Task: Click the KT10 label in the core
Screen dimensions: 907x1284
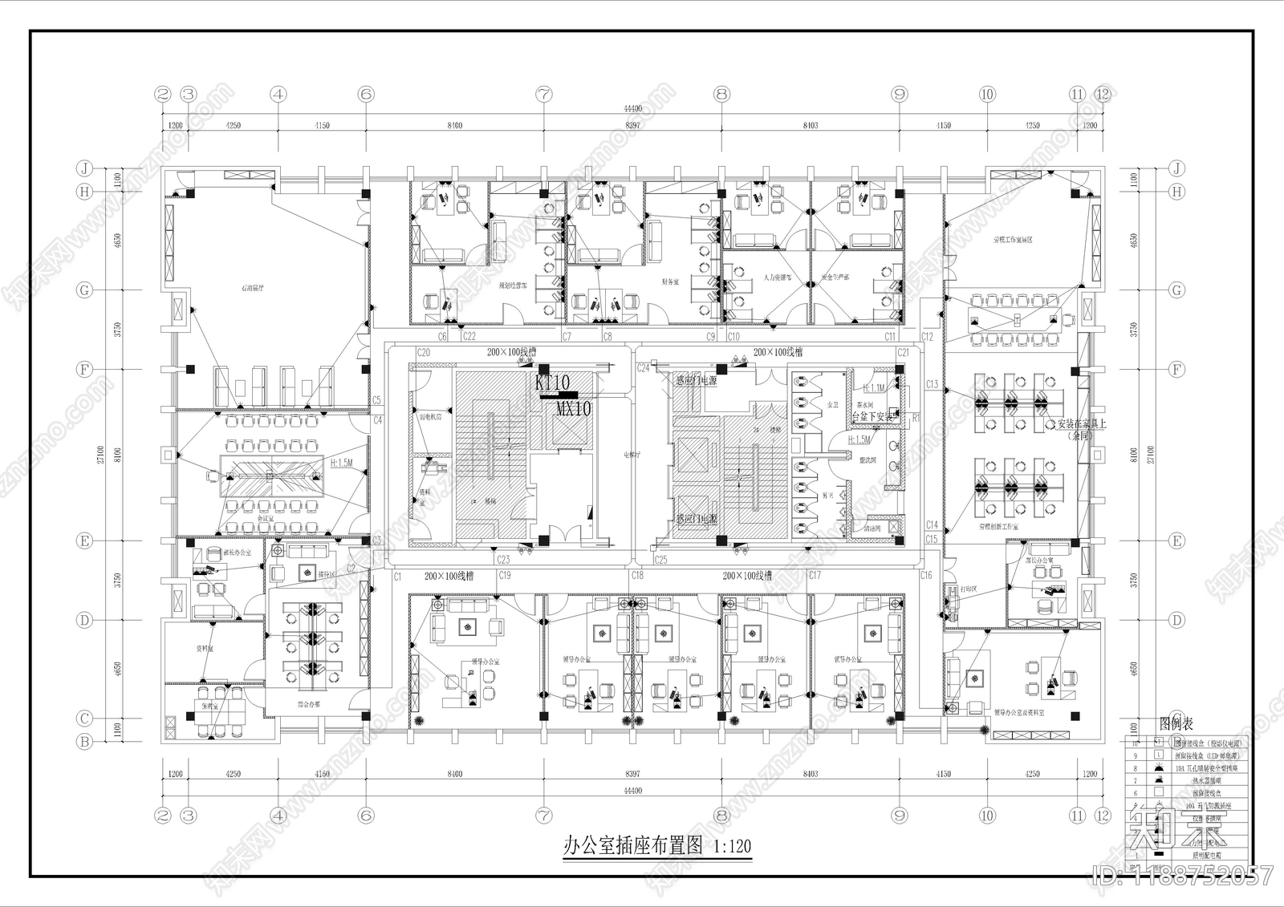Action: coord(552,383)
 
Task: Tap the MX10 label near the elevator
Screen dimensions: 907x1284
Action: coord(574,409)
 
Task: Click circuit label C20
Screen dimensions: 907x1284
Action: coord(423,353)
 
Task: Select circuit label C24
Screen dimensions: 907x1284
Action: coord(643,368)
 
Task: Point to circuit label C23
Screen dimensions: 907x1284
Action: coord(503,559)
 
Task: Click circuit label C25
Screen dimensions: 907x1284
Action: coord(660,559)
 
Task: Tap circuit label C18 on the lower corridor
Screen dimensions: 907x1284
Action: coord(636,576)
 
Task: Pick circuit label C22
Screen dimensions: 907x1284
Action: coord(469,337)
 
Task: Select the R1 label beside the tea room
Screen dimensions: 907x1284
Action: coord(916,418)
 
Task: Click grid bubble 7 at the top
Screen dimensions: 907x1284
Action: coord(544,95)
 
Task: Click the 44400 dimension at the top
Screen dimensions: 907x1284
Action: coord(632,109)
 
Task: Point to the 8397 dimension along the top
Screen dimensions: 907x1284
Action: coord(632,126)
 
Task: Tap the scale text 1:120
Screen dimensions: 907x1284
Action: coord(732,846)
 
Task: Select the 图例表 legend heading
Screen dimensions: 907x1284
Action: coord(1176,725)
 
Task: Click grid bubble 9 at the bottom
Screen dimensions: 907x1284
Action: coord(899,816)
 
